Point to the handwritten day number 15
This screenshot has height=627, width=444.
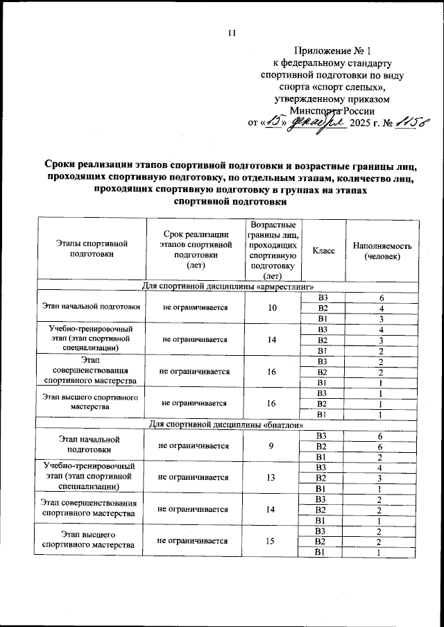tap(275, 123)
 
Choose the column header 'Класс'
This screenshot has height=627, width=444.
tap(323, 250)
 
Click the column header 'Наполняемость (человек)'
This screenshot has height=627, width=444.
tap(382, 250)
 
